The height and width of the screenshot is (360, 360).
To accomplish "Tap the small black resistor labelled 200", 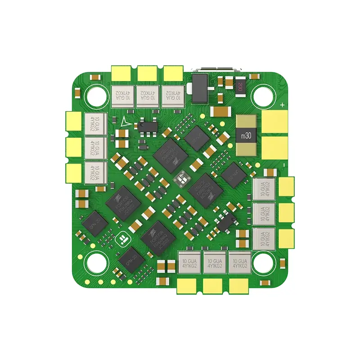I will tap(240, 85).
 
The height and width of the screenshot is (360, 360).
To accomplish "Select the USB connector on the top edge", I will tap(215, 70).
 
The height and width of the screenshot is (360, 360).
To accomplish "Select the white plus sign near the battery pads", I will tap(282, 105).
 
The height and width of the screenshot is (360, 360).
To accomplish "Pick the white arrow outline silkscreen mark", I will tap(124, 121).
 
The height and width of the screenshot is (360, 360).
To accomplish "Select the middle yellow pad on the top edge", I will tap(147, 72).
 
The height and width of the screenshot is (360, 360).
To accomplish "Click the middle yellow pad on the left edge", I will tap(73, 146).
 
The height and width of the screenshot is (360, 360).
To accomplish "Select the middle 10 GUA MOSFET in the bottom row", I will tap(214, 262).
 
